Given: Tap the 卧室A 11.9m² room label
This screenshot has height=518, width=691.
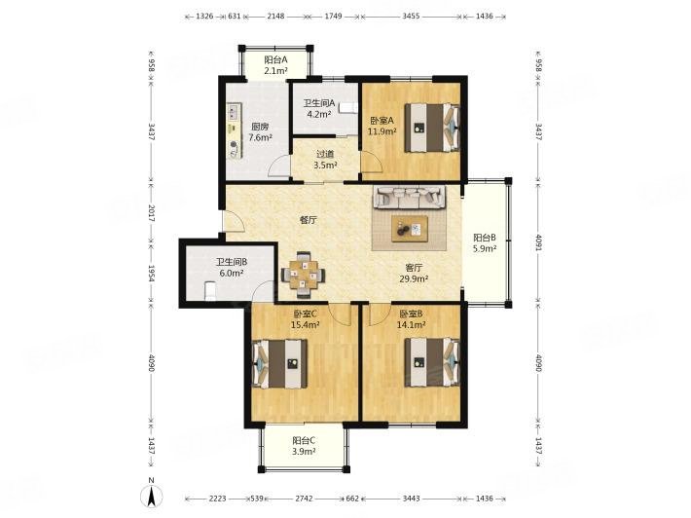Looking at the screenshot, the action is [382, 126].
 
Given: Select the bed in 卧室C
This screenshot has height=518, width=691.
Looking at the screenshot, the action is [279, 364].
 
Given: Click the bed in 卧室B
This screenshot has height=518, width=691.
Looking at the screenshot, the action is [432, 363].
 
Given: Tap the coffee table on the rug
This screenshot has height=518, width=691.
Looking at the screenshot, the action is [410, 229].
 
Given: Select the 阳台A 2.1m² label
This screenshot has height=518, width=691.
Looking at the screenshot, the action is [276, 64].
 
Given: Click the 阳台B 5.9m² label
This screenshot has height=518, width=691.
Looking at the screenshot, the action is [485, 242].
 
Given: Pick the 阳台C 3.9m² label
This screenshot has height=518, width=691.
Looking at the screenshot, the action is [304, 446].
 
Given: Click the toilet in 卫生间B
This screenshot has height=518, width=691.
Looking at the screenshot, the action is [210, 290].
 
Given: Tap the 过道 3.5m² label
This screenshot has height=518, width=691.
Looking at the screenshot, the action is [325, 160].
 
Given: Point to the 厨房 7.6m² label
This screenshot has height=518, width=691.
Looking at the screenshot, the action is [260, 131].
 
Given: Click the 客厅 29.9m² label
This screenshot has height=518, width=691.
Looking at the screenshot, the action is [414, 273].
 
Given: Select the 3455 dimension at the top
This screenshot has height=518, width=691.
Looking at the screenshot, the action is [411, 17].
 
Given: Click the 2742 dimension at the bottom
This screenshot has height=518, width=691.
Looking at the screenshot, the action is [304, 499].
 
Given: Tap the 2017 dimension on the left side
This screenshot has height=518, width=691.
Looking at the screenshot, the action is [151, 212].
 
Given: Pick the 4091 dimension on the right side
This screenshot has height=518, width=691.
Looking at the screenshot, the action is [538, 241].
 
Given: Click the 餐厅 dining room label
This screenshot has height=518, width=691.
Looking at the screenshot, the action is [309, 220].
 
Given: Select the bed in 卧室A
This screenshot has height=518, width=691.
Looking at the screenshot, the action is [432, 128].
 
